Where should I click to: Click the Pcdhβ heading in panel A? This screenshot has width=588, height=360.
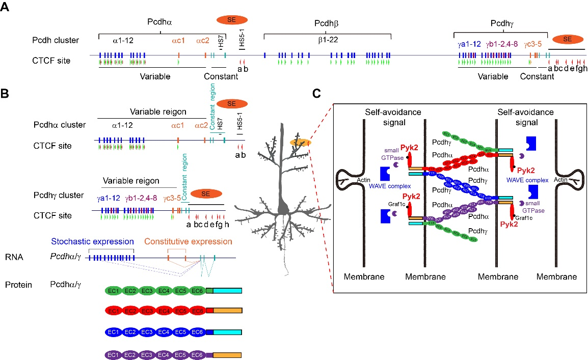[x=327, y=24]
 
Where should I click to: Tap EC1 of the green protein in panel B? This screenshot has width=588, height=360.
[x=114, y=291]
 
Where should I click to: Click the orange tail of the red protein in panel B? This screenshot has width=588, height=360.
[x=228, y=311]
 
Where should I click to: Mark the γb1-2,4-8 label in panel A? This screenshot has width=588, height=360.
[x=502, y=44]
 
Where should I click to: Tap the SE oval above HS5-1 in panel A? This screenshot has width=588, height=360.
[x=232, y=19]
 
